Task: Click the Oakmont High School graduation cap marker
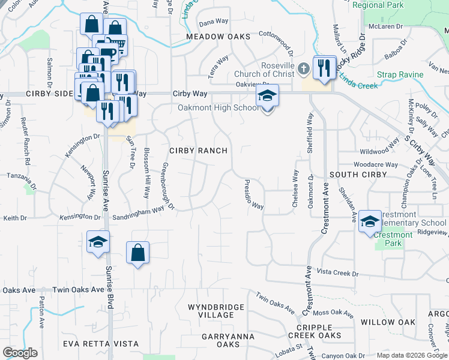point(268,96)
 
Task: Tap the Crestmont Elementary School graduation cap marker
point(370,221)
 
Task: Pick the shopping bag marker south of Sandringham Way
point(137,253)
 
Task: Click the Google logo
point(20,352)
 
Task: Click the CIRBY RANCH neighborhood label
point(198,151)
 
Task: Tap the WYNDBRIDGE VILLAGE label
point(216,311)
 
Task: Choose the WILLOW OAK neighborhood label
point(388,322)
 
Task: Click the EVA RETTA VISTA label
point(101,344)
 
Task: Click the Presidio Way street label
point(254,195)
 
